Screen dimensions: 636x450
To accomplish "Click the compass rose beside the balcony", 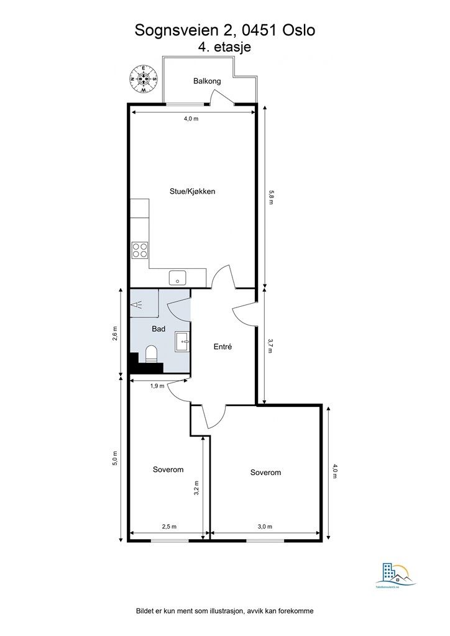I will point(144,79).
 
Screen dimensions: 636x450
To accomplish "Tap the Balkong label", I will point(207,81).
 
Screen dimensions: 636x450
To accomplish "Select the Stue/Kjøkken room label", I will point(193,191).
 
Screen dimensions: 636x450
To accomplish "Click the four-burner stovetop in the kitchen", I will point(140,250).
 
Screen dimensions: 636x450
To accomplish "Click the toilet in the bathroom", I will point(151,355).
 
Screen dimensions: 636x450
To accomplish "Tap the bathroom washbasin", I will point(183,339).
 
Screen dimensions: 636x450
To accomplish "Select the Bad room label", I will point(158,329).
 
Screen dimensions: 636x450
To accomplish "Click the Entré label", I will point(222,347).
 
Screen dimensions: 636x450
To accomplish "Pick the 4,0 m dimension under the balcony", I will point(191,119).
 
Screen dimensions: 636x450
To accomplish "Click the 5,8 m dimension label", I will point(271,197).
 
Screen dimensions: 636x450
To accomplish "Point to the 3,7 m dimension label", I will point(270,346).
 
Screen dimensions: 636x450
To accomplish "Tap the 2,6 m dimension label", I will point(114,333).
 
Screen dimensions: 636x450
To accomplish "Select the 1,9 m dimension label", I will point(157,386).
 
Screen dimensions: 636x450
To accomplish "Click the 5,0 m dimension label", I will point(114,458).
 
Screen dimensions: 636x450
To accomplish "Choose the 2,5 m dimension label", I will point(169,527).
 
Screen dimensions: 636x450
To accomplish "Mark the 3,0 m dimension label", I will point(265,527).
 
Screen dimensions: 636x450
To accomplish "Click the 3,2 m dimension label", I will point(197,489).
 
